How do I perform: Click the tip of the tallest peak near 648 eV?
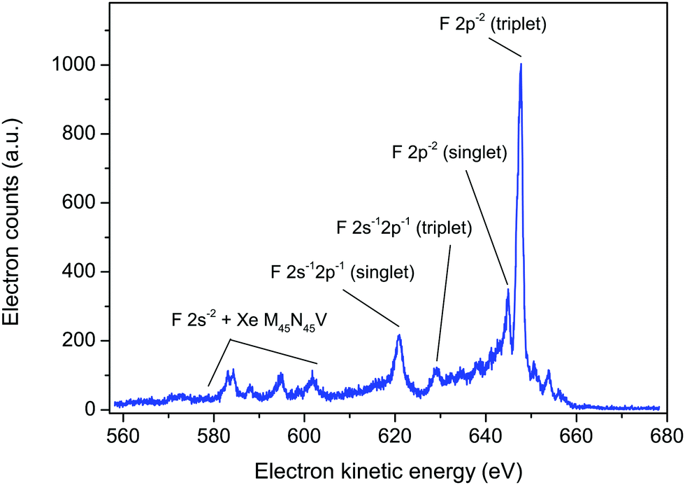click(521, 64)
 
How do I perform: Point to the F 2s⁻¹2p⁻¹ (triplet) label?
click(405, 228)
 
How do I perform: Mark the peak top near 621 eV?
click(399, 335)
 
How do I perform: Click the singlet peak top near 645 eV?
click(507, 288)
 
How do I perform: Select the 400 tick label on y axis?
click(81, 272)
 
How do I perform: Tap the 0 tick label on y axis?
click(91, 410)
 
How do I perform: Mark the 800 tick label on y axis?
click(81, 134)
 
